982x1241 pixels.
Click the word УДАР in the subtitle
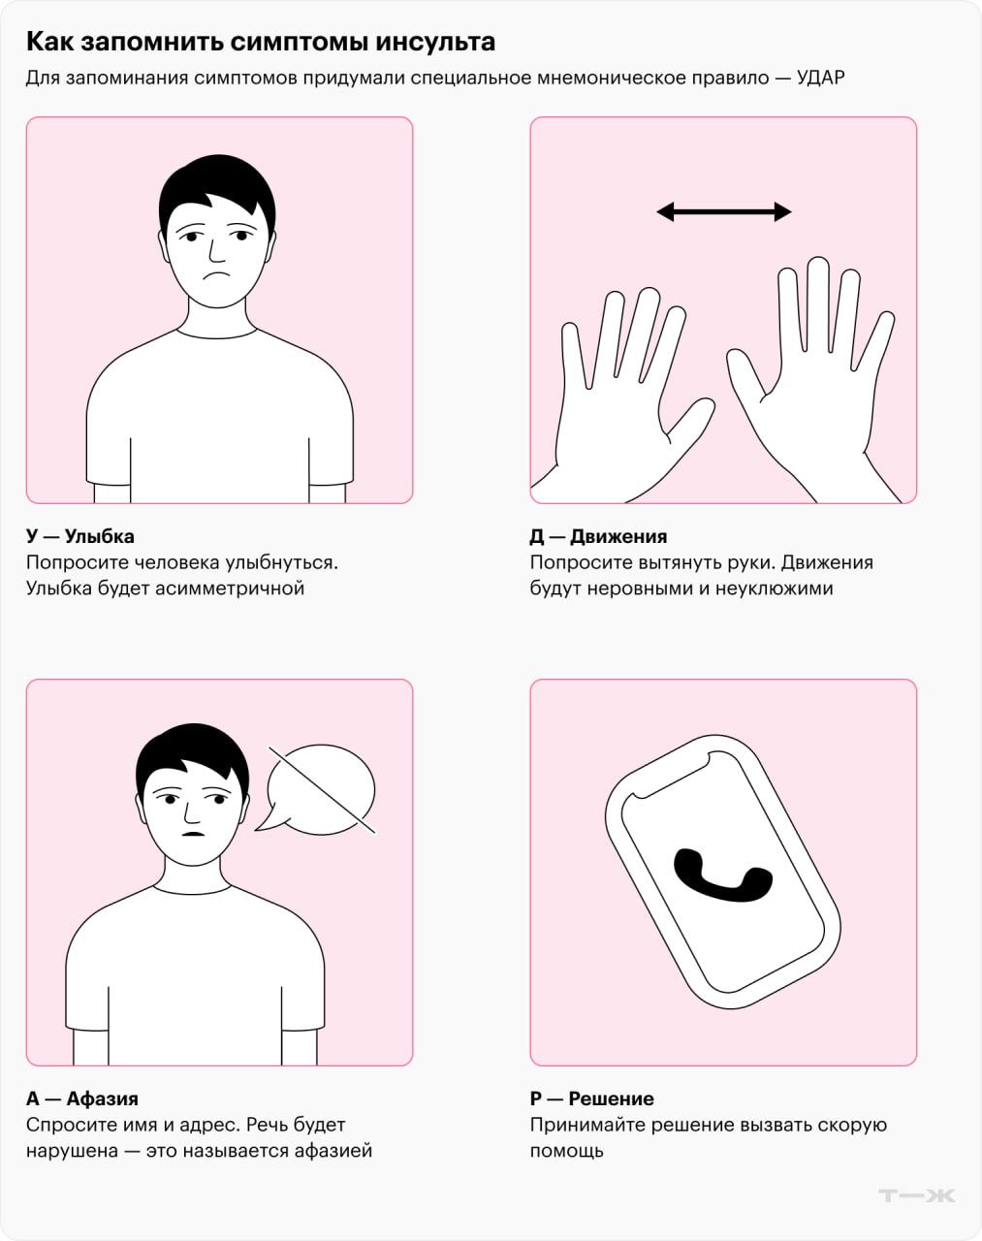click(x=820, y=78)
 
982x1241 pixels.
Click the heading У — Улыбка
click(x=80, y=536)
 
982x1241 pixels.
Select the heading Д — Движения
click(x=598, y=536)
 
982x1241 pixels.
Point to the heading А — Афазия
click(x=82, y=1098)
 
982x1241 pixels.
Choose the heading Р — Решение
click(x=592, y=1098)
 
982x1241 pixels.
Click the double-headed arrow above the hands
click(x=724, y=211)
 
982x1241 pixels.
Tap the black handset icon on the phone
click(x=723, y=875)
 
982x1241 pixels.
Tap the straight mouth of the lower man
click(x=193, y=834)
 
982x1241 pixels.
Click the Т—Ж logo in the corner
click(x=917, y=1195)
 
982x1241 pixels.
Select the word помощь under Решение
click(x=567, y=1152)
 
